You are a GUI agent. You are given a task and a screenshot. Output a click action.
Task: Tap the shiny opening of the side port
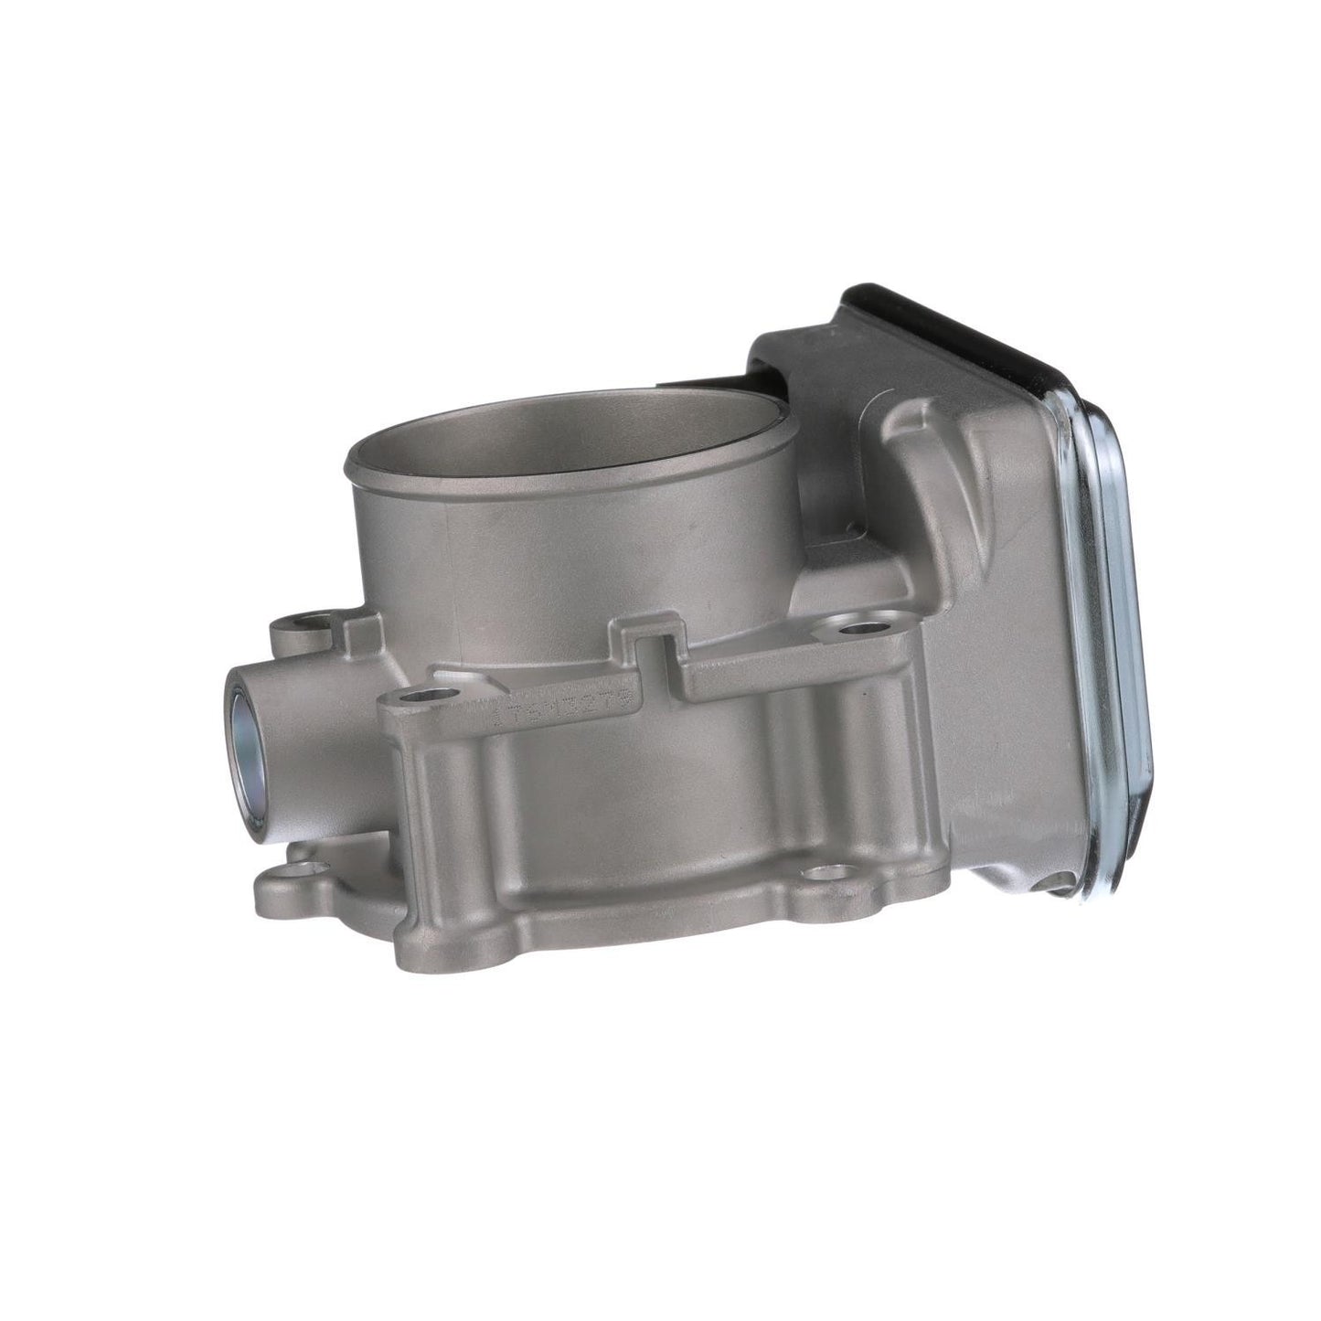(250, 732)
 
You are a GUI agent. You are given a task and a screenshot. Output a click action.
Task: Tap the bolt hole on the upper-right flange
(859, 629)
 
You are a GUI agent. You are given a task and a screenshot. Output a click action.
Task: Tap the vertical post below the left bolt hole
(430, 804)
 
